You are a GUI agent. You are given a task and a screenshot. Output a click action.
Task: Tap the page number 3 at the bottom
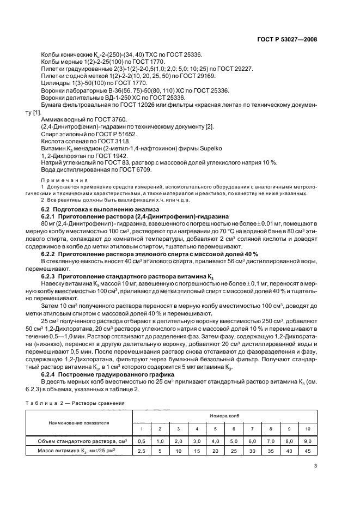[315, 466]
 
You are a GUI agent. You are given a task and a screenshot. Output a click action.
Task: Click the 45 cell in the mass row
[307, 451]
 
